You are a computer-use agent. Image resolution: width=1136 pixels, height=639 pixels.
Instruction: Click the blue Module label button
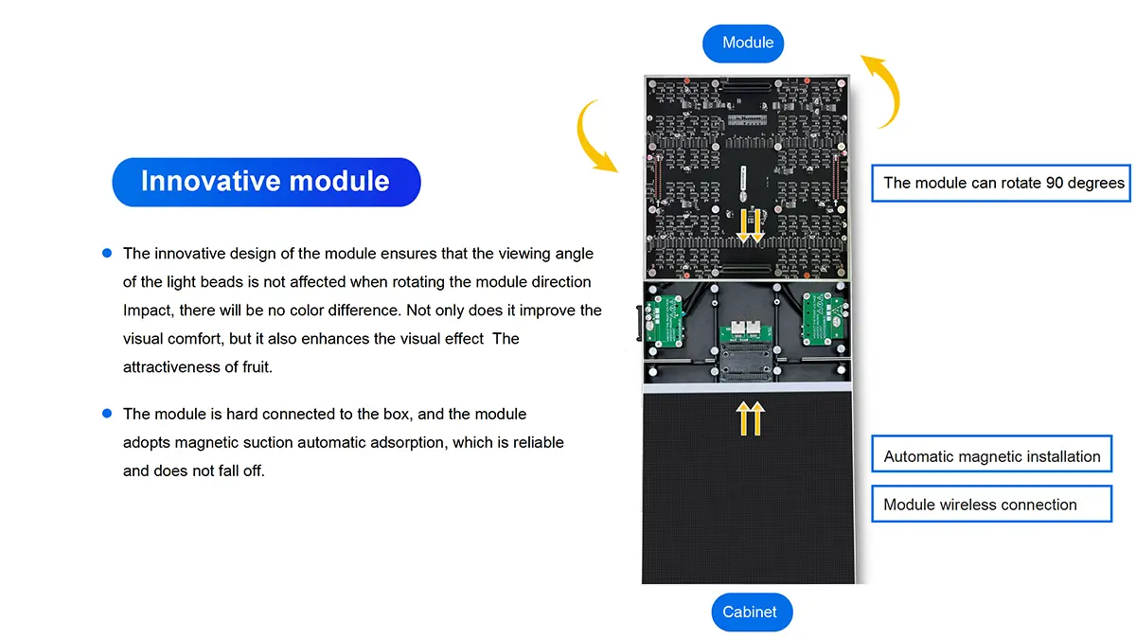click(743, 44)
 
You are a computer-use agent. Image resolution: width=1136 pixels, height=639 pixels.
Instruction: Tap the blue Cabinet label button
click(752, 612)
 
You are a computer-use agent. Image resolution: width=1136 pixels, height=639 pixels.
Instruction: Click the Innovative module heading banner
click(266, 182)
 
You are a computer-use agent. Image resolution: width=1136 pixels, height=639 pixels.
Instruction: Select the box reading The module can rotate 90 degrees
click(1002, 183)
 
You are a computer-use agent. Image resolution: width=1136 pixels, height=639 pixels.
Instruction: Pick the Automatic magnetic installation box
click(991, 453)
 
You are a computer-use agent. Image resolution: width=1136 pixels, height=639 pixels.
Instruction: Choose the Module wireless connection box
click(991, 504)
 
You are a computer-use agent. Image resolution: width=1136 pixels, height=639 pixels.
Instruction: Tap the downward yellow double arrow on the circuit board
click(751, 226)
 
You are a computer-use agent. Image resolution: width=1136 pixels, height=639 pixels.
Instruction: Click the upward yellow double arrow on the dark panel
click(751, 418)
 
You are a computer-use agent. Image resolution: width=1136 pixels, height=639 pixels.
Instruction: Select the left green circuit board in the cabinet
click(665, 322)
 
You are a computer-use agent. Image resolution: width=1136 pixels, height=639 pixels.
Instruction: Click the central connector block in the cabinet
click(746, 351)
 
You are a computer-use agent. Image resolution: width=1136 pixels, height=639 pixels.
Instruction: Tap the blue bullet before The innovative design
click(107, 253)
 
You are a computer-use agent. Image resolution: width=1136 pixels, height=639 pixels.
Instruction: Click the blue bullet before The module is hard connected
click(107, 414)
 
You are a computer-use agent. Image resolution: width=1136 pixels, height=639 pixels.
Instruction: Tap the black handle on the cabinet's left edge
click(640, 323)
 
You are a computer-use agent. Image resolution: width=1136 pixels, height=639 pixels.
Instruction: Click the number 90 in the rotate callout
click(1055, 183)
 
